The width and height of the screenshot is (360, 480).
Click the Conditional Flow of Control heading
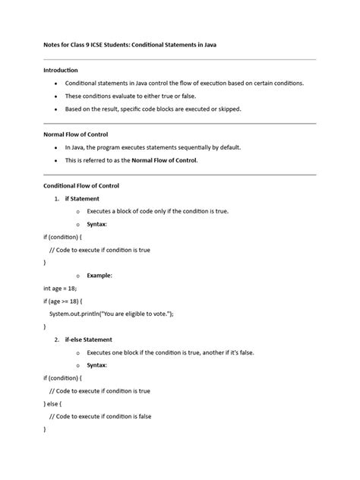(x=81, y=185)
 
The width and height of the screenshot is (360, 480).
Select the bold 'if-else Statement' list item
(x=88, y=339)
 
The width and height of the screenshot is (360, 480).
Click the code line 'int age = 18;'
(x=61, y=289)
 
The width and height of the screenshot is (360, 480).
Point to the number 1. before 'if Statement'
(x=57, y=198)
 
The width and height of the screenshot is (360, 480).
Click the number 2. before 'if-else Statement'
(x=57, y=339)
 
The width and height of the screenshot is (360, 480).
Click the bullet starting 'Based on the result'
(x=153, y=109)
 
